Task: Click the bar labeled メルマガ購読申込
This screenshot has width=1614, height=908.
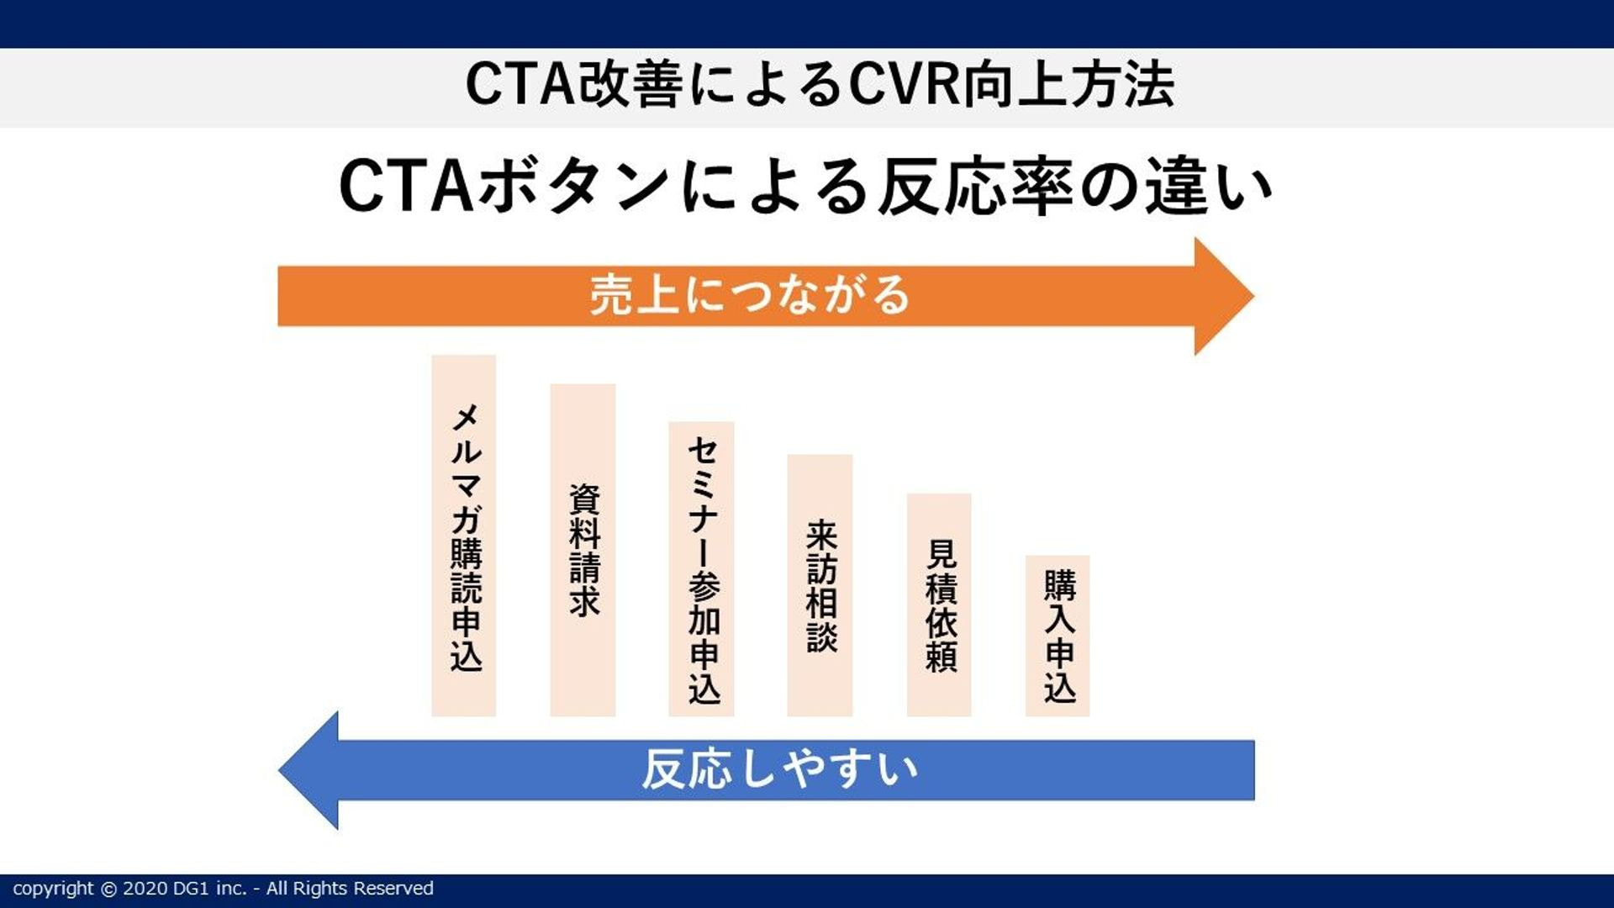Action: click(x=463, y=536)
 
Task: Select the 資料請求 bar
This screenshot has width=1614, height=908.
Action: click(x=583, y=550)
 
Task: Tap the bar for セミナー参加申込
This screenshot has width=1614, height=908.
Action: click(x=701, y=569)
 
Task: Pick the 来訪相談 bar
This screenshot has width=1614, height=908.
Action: click(x=820, y=585)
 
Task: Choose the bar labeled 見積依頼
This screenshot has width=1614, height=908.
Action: click(x=939, y=604)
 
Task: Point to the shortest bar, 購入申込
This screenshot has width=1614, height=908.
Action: click(x=1058, y=636)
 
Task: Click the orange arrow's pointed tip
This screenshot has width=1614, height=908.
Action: click(x=1253, y=296)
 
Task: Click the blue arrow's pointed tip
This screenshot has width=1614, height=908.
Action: click(x=280, y=770)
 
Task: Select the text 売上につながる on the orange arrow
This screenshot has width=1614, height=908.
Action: click(x=749, y=295)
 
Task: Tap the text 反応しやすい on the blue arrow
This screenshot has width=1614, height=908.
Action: click(x=780, y=769)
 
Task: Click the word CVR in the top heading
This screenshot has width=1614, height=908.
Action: click(x=905, y=84)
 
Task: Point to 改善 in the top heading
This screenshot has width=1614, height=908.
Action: click(x=630, y=84)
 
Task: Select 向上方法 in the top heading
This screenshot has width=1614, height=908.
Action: click(x=1068, y=84)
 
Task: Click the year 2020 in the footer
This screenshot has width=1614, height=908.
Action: click(x=145, y=889)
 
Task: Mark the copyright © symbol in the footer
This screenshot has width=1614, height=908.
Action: click(x=108, y=889)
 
